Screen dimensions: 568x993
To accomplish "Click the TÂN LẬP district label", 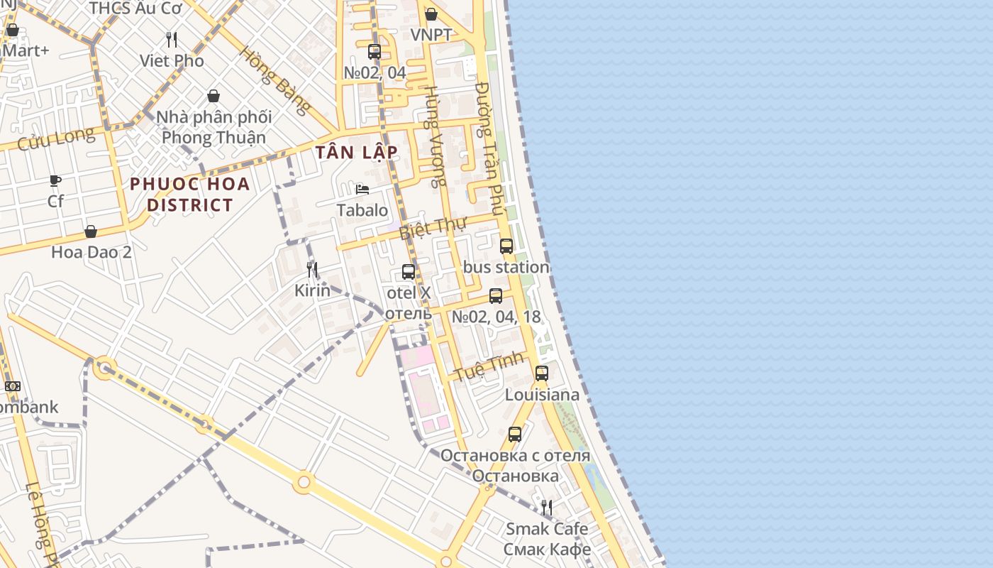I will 357,153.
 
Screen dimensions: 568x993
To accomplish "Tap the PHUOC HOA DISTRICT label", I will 190,195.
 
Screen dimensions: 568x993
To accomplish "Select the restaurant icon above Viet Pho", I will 172,39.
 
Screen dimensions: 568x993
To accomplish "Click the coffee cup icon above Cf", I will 55,180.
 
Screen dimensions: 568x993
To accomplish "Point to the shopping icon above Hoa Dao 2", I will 91,231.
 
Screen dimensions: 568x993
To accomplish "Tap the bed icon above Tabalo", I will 362,190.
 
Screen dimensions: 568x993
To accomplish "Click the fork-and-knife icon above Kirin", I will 312,269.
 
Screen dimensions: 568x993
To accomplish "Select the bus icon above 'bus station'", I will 506,246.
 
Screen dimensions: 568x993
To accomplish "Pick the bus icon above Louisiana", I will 542,373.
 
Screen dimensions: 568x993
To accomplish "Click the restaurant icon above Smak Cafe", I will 547,507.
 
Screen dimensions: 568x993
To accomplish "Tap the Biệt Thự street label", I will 432,229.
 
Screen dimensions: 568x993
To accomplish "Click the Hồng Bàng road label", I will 274,80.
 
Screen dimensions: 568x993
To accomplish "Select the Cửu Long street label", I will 55,138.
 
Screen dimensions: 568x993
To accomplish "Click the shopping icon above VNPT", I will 431,14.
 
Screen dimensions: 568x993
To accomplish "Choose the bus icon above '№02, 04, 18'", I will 496,296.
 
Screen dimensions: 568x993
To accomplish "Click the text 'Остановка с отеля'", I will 515,455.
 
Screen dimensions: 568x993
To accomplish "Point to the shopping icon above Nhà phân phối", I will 213,96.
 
